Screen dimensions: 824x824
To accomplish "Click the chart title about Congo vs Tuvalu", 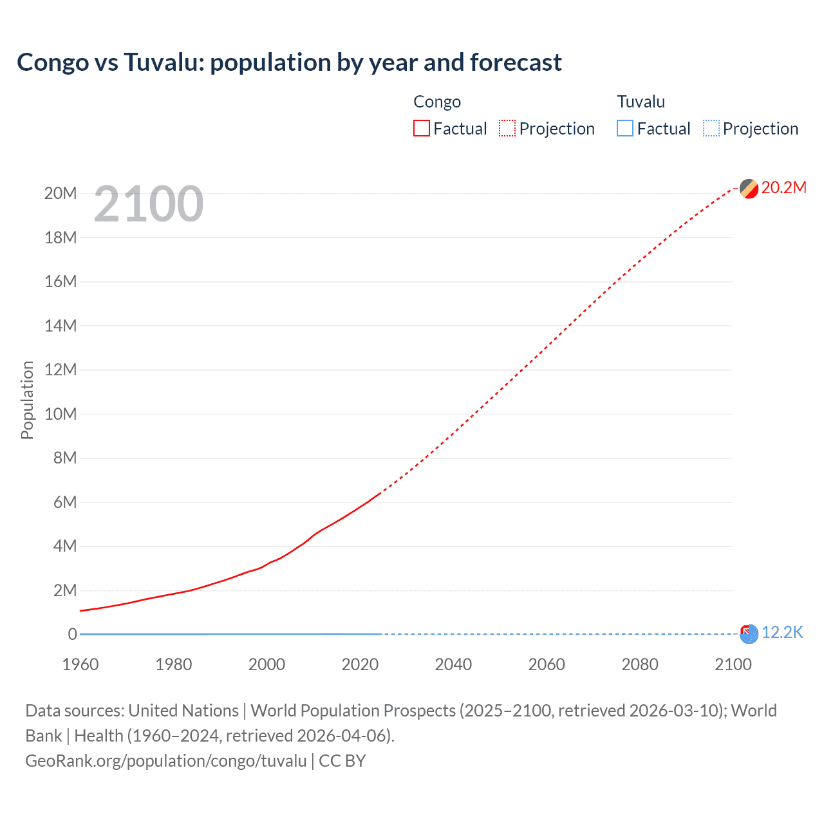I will coord(289,62).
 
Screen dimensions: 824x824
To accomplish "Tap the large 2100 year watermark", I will coord(149,204).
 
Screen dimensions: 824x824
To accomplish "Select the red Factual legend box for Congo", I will coord(421,129).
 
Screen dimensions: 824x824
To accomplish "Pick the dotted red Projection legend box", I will coord(507,129).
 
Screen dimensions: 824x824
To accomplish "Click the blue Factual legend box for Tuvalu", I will coord(625,129).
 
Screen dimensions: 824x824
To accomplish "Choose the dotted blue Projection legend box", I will coord(711,129).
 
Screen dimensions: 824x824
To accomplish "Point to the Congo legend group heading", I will coord(437,102).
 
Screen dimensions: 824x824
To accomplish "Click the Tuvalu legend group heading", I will coord(641,102).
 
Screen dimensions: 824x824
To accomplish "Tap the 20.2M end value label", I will coord(783,187).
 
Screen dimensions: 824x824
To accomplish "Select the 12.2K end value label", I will coord(782,633).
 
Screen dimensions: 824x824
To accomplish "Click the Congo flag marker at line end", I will coord(749,189).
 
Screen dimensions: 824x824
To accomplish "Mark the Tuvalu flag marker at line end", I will coord(749,634).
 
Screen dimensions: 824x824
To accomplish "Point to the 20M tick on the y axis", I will coord(61,193).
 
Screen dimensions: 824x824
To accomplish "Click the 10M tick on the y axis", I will coord(61,414).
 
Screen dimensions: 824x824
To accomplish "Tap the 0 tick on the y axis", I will coord(72,634).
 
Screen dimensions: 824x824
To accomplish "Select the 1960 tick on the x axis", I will coord(80,664).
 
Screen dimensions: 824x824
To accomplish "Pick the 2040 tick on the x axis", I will coord(453,664).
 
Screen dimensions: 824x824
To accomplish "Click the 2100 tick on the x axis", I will coord(733,664).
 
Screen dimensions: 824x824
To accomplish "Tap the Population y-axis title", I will coord(27,400).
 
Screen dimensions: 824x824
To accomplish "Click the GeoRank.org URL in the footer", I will coord(166,761).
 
